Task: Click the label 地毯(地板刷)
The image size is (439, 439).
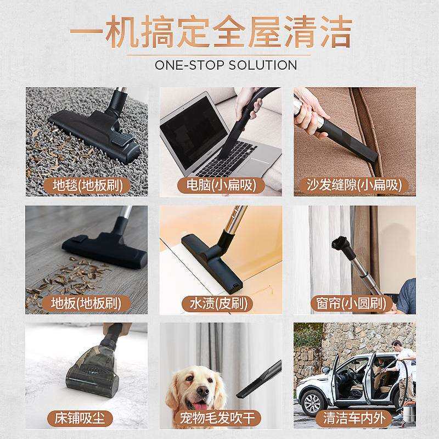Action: [86, 185]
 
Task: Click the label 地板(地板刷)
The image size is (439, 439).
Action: [86, 303]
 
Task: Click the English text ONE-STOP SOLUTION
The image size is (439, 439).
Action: [226, 65]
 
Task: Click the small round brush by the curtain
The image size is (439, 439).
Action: [335, 244]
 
